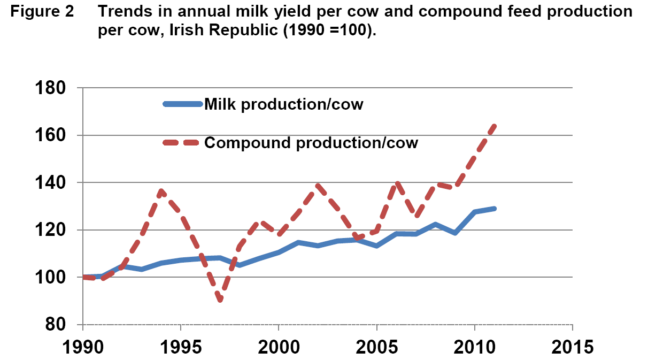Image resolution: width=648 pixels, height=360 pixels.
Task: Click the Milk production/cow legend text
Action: (x=284, y=104)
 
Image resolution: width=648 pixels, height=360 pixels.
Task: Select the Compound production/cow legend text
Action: (x=311, y=143)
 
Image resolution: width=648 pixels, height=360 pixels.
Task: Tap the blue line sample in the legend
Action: (x=183, y=104)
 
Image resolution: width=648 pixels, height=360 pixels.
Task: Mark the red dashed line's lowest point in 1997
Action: (x=220, y=300)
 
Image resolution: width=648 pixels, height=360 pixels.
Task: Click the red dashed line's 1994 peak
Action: (x=161, y=190)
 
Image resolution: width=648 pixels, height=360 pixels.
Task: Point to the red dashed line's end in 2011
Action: (x=495, y=126)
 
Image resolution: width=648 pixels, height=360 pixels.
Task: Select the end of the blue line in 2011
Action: (x=495, y=208)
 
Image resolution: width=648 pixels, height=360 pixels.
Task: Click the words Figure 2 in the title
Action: (x=44, y=12)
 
